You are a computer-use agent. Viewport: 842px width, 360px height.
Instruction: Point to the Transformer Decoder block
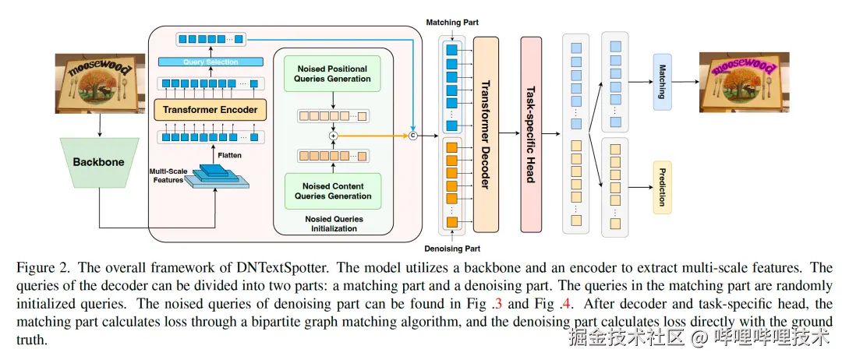click(x=485, y=134)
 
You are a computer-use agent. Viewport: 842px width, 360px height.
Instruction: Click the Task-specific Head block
click(x=530, y=134)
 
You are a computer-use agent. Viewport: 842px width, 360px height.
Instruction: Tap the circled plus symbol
click(x=333, y=135)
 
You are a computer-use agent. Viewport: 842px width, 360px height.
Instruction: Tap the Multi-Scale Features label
click(x=168, y=175)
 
